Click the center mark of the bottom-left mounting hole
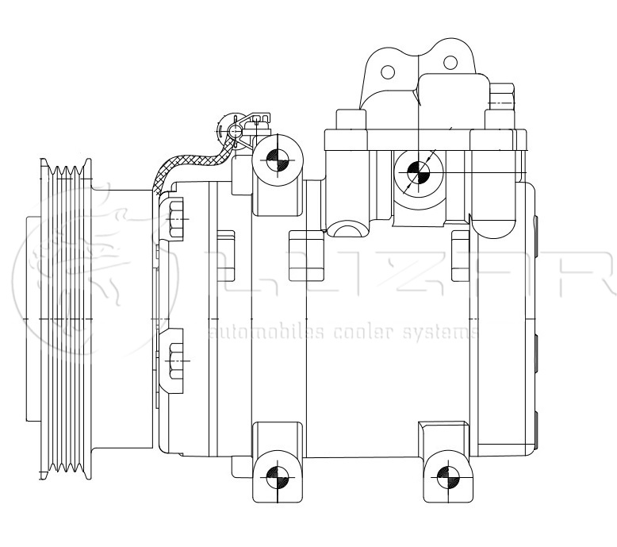click(x=277, y=477)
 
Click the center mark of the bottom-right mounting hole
click(x=447, y=478)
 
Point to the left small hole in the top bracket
click(x=389, y=72)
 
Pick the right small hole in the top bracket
click(x=450, y=62)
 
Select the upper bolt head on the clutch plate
click(x=176, y=215)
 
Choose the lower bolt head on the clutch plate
click(x=176, y=360)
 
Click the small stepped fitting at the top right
click(x=501, y=99)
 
